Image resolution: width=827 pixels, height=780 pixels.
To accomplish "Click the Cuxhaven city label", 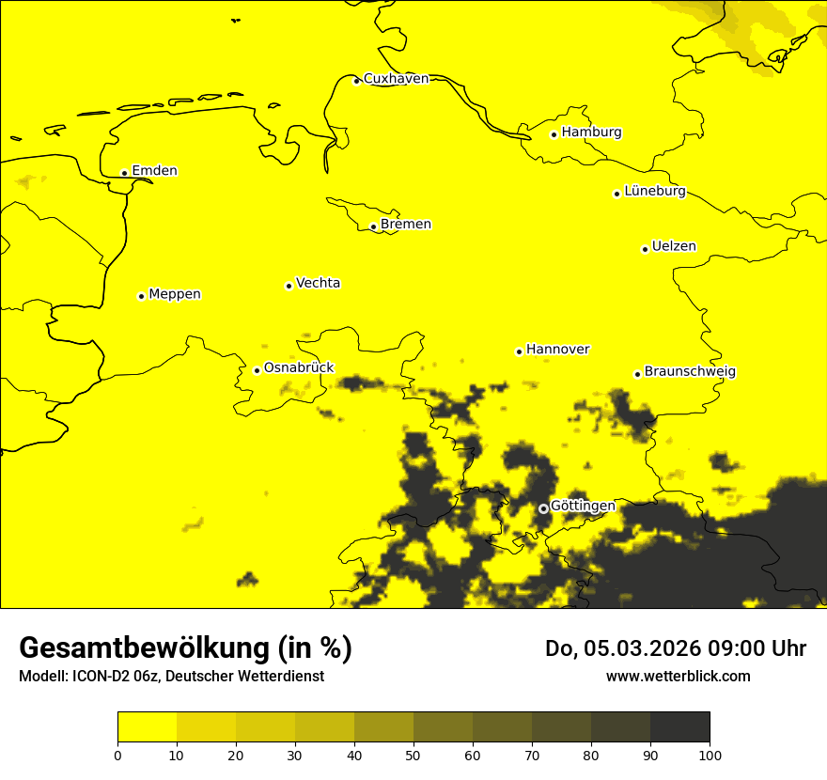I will pyautogui.click(x=396, y=79).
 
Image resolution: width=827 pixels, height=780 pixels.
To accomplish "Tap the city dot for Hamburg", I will pyautogui.click(x=554, y=134).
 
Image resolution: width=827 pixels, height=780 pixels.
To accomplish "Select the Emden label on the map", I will pyautogui.click(x=154, y=171).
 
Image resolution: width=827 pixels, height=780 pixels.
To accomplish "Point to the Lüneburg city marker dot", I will pyautogui.click(x=617, y=194).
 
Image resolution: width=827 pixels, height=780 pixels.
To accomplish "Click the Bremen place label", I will pyautogui.click(x=406, y=225).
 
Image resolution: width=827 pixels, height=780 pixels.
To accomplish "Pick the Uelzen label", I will pyautogui.click(x=674, y=247).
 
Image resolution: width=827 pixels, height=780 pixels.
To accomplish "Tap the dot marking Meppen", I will pyautogui.click(x=142, y=296).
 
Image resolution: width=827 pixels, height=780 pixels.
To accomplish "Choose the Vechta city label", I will pyautogui.click(x=318, y=283).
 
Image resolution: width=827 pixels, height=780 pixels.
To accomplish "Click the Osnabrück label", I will pyautogui.click(x=299, y=368).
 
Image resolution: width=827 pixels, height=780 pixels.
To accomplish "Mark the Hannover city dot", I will pyautogui.click(x=520, y=352).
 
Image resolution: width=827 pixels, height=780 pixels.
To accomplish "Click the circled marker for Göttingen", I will pyautogui.click(x=543, y=508).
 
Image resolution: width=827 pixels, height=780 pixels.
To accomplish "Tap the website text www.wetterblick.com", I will pyautogui.click(x=679, y=676).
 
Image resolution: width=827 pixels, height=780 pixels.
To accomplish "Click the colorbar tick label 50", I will pyautogui.click(x=413, y=755).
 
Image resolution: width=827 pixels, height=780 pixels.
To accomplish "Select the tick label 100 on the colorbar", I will pyautogui.click(x=710, y=755).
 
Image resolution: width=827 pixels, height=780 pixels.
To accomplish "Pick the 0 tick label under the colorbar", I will pyautogui.click(x=117, y=755).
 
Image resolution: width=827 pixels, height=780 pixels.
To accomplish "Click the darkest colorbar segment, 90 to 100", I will pyautogui.click(x=679, y=727).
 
